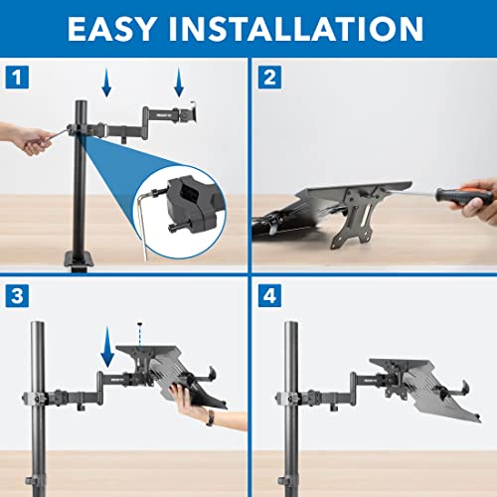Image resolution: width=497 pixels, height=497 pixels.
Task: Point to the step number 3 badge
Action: (x=15, y=294)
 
